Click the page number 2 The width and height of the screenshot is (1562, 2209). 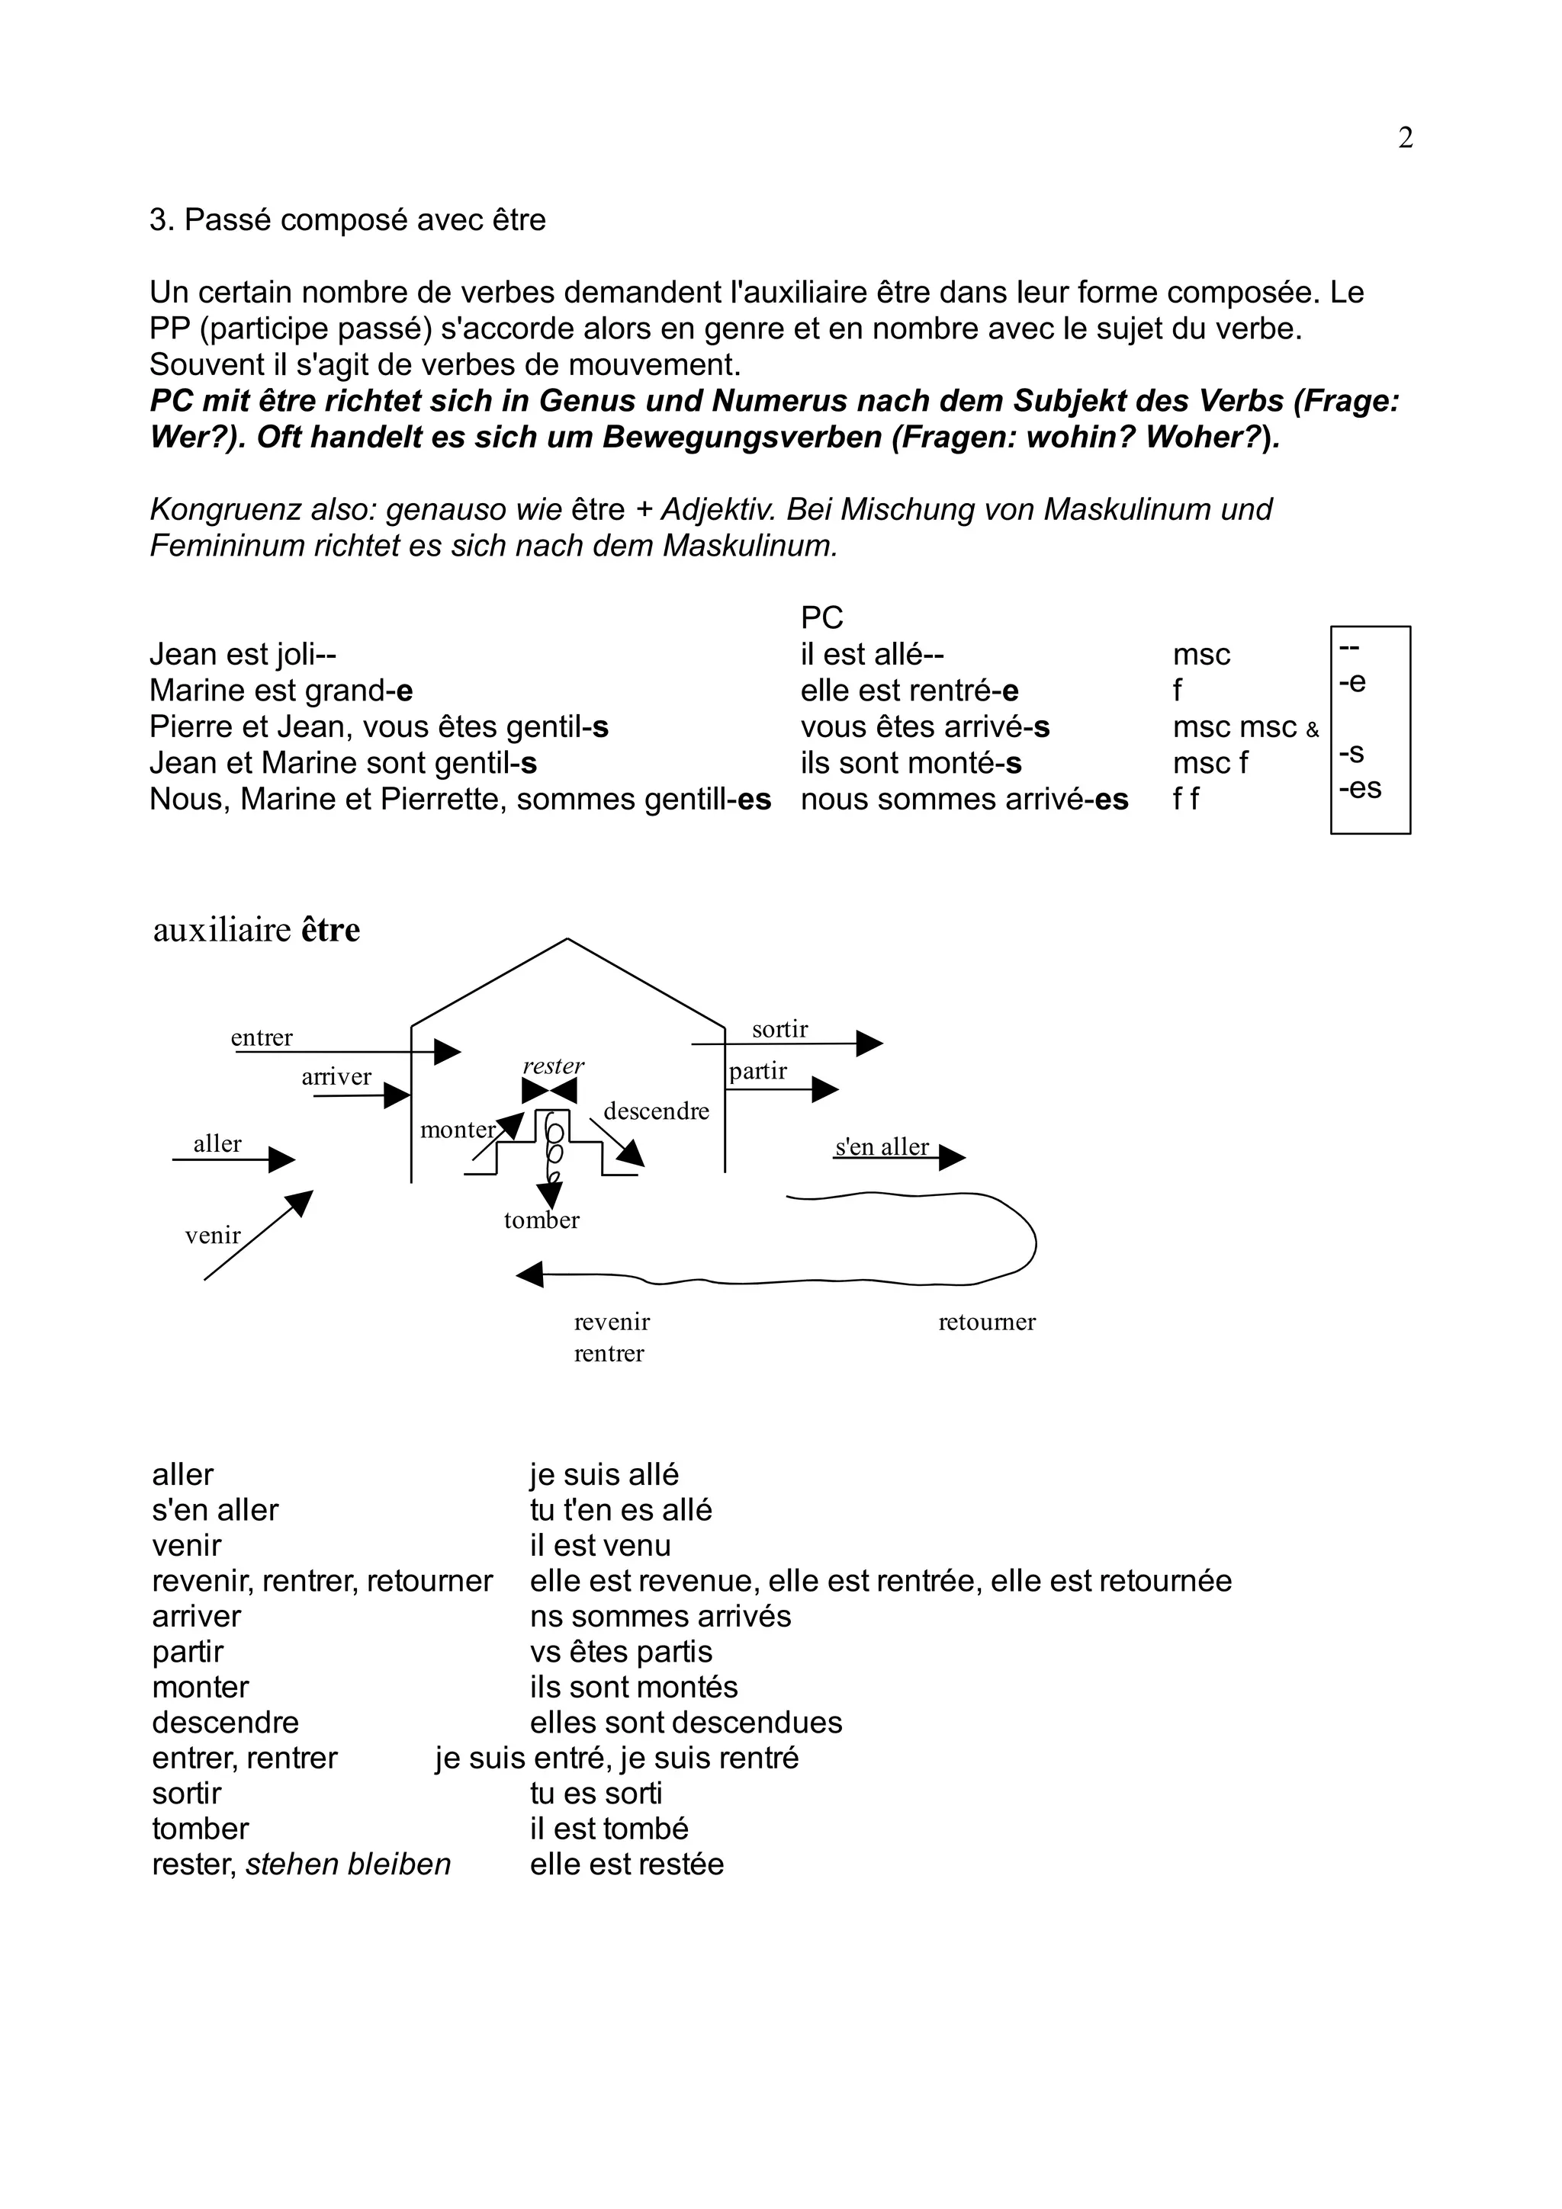[x=1405, y=139]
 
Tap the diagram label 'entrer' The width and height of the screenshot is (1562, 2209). [x=262, y=1037]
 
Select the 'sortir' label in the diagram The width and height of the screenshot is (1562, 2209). [x=779, y=1030]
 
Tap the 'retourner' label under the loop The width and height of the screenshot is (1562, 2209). [x=986, y=1321]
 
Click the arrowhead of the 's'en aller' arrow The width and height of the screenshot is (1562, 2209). [x=951, y=1156]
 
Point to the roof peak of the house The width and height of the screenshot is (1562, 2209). [x=567, y=939]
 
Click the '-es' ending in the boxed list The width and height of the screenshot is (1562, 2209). [x=1360, y=788]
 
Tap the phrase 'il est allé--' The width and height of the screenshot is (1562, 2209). [x=872, y=654]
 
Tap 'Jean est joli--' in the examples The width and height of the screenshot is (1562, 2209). [x=243, y=654]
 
